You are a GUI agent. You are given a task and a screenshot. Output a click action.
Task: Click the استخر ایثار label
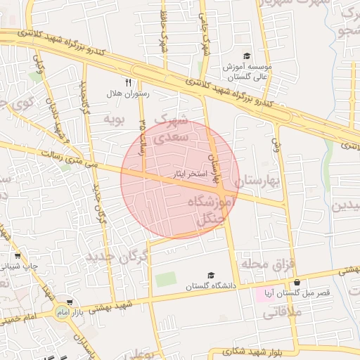188,173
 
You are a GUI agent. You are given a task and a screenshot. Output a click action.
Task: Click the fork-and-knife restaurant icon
128,82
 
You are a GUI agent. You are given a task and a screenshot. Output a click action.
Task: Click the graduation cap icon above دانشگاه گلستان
210,275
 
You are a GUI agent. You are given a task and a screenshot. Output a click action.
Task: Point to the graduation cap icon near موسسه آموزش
247,56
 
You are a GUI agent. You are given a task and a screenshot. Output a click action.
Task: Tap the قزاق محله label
264,263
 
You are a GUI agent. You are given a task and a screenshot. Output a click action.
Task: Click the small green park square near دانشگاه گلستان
165,279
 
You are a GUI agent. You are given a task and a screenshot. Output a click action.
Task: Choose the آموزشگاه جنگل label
212,211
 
